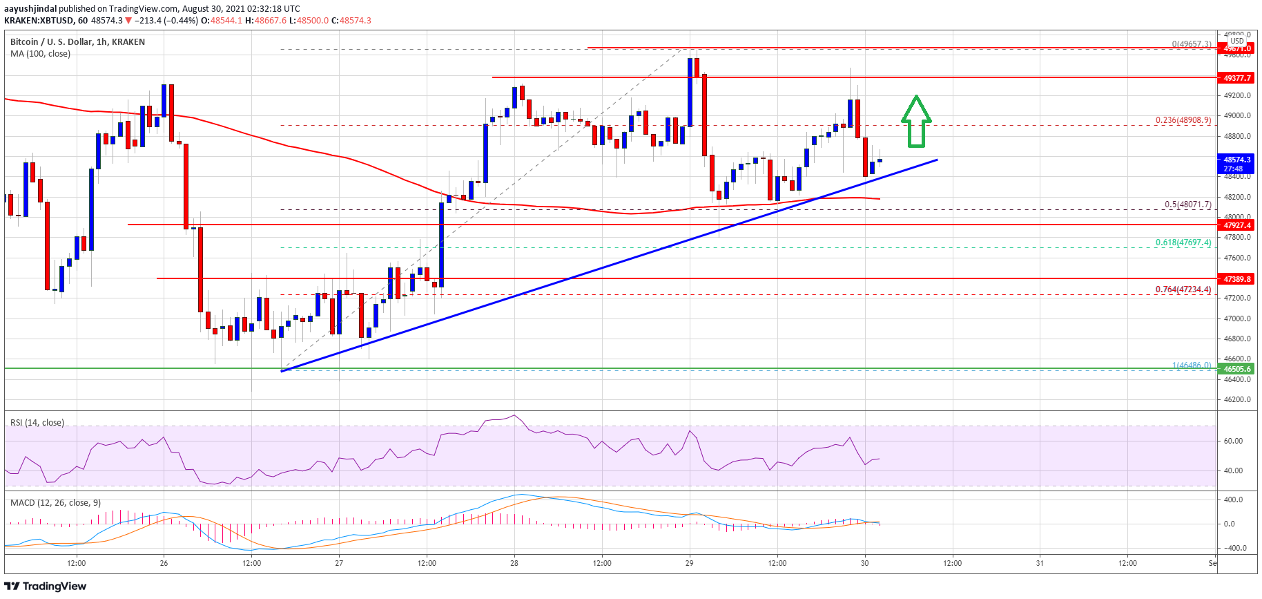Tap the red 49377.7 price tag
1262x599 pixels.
(x=1237, y=78)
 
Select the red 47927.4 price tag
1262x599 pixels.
(x=1237, y=225)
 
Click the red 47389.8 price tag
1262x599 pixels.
(x=1237, y=279)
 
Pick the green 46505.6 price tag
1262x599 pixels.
(x=1237, y=369)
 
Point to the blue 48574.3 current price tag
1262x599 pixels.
(x=1237, y=164)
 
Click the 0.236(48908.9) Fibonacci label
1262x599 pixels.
(x=1183, y=120)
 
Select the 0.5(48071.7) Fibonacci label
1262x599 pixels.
(x=1187, y=205)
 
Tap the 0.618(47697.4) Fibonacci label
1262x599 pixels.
(x=1183, y=243)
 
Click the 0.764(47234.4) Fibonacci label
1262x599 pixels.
(x=1183, y=289)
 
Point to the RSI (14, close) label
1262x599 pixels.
(x=37, y=423)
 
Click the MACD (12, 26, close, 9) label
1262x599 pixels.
(x=55, y=502)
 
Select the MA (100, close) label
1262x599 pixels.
(x=40, y=54)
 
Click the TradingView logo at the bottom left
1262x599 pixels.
(x=46, y=587)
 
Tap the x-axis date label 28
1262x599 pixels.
(x=514, y=563)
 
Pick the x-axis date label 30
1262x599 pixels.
(x=864, y=563)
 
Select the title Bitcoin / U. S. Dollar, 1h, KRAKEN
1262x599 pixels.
(x=77, y=42)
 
